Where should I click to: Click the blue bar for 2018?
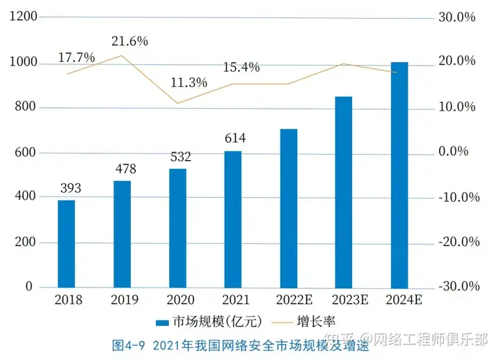[x=66, y=244]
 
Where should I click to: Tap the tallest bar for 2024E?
[x=399, y=175]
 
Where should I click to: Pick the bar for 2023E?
[x=344, y=191]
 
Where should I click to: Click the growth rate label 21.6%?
[x=129, y=41]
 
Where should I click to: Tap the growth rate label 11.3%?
[x=189, y=83]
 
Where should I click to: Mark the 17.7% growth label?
[x=77, y=58]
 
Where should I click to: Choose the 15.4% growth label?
[x=241, y=68]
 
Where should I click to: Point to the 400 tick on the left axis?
[x=25, y=197]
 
